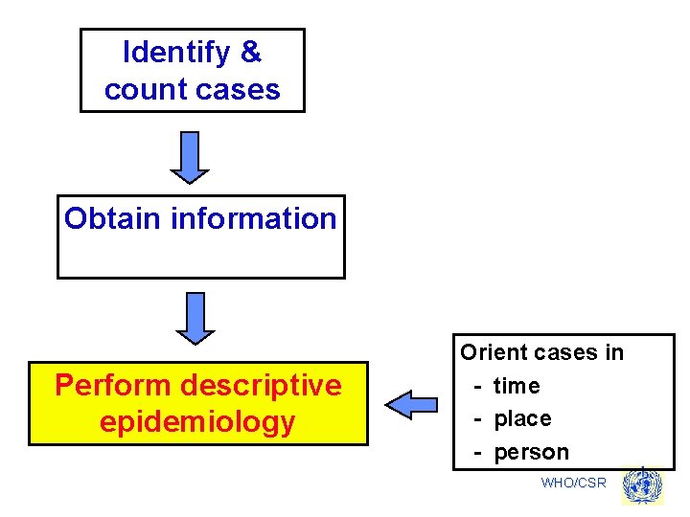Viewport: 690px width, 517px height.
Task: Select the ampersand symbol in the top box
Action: (x=251, y=53)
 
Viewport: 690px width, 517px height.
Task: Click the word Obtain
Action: (x=113, y=218)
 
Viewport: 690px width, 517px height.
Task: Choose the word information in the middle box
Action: (x=253, y=218)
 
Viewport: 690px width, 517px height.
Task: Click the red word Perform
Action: (x=114, y=385)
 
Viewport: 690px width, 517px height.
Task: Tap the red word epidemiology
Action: (x=197, y=422)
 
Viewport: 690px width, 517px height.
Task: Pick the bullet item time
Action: (x=517, y=386)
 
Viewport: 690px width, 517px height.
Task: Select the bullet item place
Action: (x=522, y=418)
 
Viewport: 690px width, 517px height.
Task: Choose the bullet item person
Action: (x=531, y=452)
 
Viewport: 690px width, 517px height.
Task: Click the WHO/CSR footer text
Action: (x=573, y=483)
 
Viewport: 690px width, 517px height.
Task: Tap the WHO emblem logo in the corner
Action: (x=642, y=486)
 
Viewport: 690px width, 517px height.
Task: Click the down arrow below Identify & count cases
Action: (x=190, y=157)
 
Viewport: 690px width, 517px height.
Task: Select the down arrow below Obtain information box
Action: (x=195, y=318)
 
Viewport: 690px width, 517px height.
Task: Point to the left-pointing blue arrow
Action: (x=410, y=405)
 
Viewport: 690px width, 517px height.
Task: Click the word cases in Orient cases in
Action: (x=565, y=352)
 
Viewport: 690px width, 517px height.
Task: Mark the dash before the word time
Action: (x=477, y=386)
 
